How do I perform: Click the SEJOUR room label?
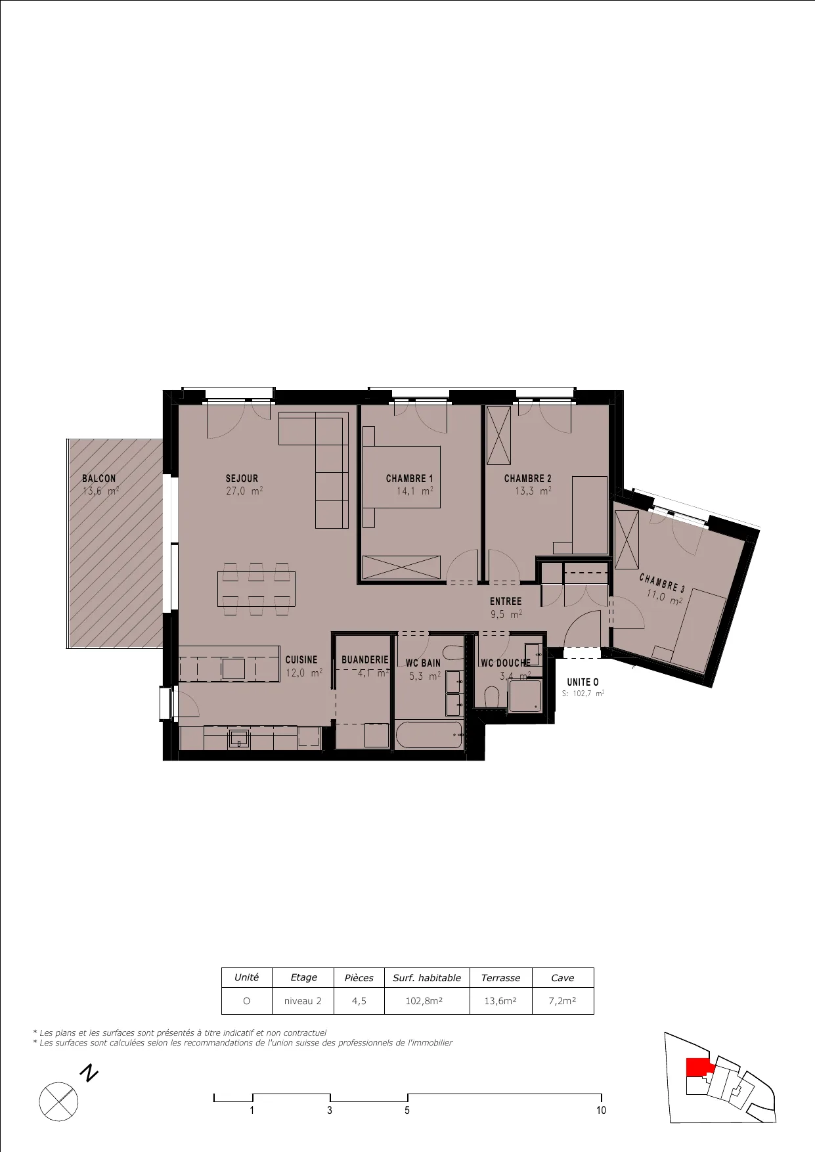point(242,479)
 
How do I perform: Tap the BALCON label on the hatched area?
point(99,479)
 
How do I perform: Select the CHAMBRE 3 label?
point(662,583)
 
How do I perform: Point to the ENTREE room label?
point(506,602)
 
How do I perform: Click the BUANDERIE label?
point(365,659)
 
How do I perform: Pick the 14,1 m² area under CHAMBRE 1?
point(414,491)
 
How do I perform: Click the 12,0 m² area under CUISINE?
point(304,673)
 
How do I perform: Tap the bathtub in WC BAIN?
point(430,735)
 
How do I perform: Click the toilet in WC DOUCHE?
point(491,697)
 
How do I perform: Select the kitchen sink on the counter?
point(239,739)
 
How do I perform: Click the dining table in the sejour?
point(256,589)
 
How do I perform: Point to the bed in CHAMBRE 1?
point(402,487)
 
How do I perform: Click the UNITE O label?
point(583,682)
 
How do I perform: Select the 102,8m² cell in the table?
point(427,1001)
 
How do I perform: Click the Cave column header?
point(563,978)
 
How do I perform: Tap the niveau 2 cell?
point(303,1001)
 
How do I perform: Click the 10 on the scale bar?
point(601,1110)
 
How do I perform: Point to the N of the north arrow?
point(89,1074)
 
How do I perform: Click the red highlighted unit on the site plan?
point(698,1067)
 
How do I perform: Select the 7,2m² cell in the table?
point(563,1001)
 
